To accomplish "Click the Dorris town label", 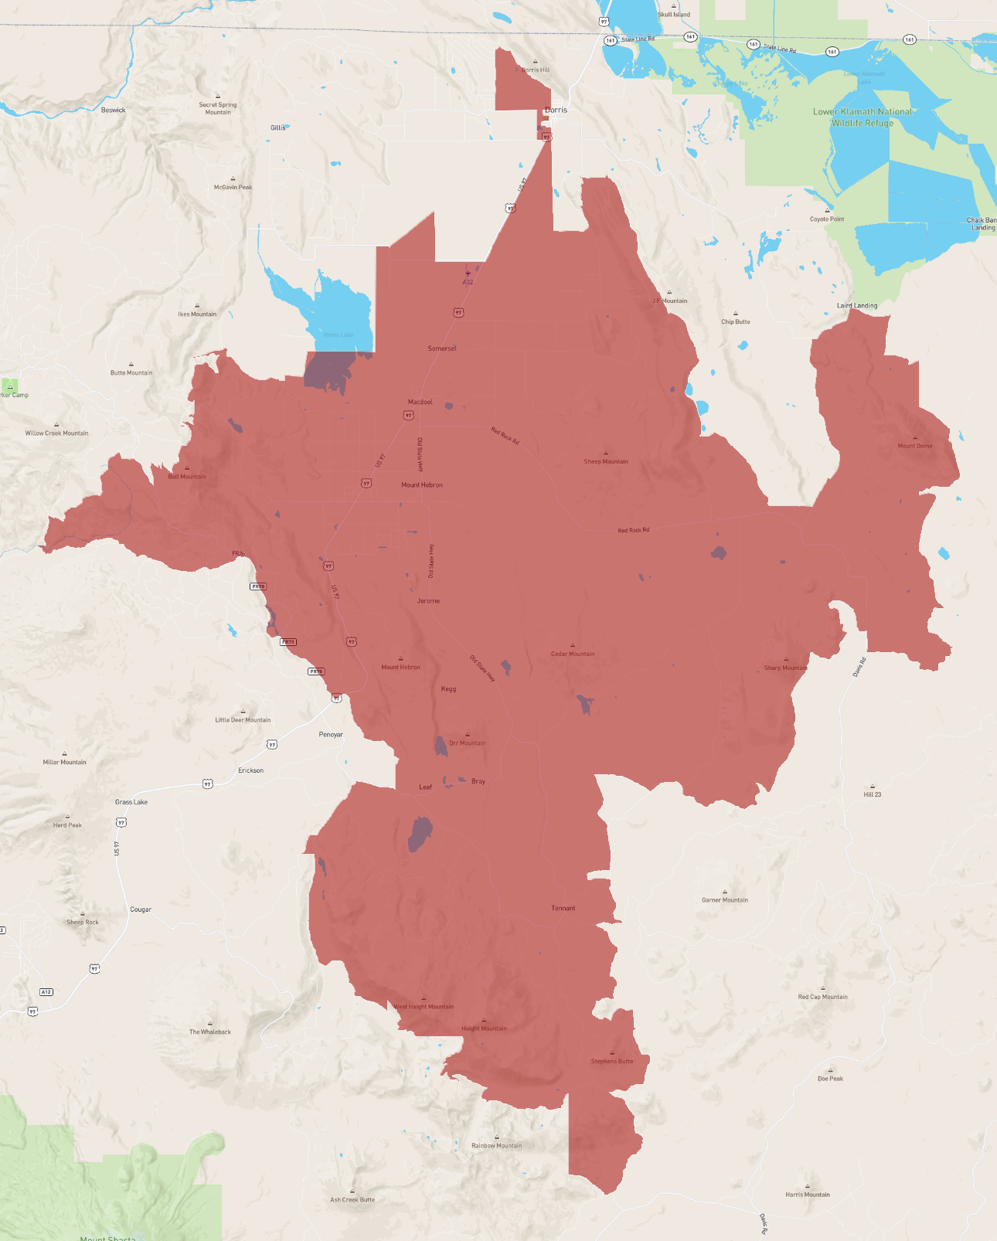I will (x=556, y=110).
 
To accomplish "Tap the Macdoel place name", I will (x=420, y=402).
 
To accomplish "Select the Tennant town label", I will (x=563, y=908).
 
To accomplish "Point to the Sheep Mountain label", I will (x=606, y=461).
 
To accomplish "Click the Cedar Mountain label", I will (x=573, y=654).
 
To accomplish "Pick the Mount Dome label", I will (x=915, y=446).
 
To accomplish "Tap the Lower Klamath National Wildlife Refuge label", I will (x=863, y=117).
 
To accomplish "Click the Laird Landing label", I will (x=857, y=305).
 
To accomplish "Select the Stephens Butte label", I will (x=612, y=1061).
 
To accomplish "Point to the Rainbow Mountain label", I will (x=496, y=1145).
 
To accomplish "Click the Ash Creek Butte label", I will (x=352, y=1199).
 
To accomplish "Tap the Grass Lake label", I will (x=131, y=802).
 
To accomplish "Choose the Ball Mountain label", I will (x=187, y=476).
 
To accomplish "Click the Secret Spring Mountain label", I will (x=218, y=108).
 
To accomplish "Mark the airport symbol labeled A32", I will (x=468, y=274).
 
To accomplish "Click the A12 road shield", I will (x=46, y=991).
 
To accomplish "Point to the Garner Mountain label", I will (x=724, y=899).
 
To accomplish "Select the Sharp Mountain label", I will (x=786, y=668).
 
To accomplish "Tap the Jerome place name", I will (x=428, y=600).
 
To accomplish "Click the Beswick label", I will (x=113, y=110).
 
